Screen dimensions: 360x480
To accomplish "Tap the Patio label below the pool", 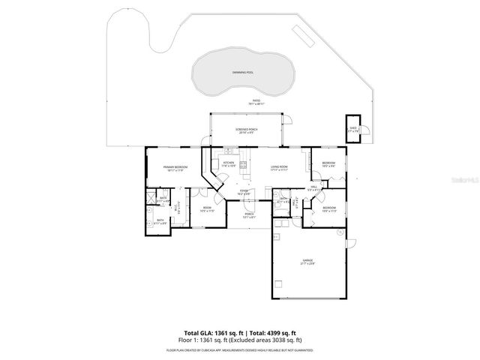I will tap(256, 102).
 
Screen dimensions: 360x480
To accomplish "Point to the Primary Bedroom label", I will tap(175, 168).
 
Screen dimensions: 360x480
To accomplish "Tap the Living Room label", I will tap(280, 168).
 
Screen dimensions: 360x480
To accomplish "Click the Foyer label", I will tap(244, 193).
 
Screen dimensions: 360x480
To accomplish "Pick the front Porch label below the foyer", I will tap(248, 215).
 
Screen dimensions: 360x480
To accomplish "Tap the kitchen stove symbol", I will tap(243, 164).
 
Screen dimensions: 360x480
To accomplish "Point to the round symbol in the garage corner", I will tap(280, 284).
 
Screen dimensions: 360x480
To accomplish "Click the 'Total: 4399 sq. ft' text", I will tap(272, 332).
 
